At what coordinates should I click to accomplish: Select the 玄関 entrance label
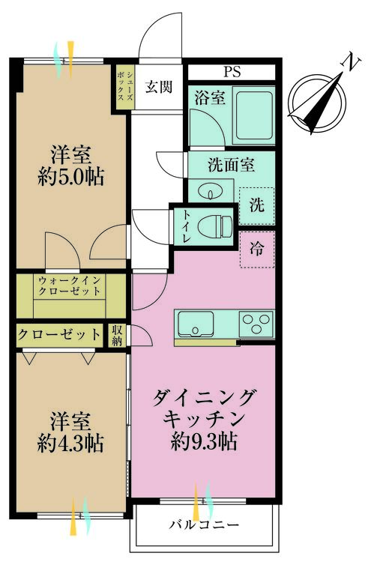click(159, 86)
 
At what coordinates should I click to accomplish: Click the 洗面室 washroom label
click(232, 166)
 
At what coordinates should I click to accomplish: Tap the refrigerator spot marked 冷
click(256, 250)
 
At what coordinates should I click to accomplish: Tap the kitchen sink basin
click(199, 324)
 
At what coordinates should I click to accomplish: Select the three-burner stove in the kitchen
click(256, 324)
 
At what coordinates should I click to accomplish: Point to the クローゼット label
click(59, 334)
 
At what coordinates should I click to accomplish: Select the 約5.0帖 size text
click(71, 178)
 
